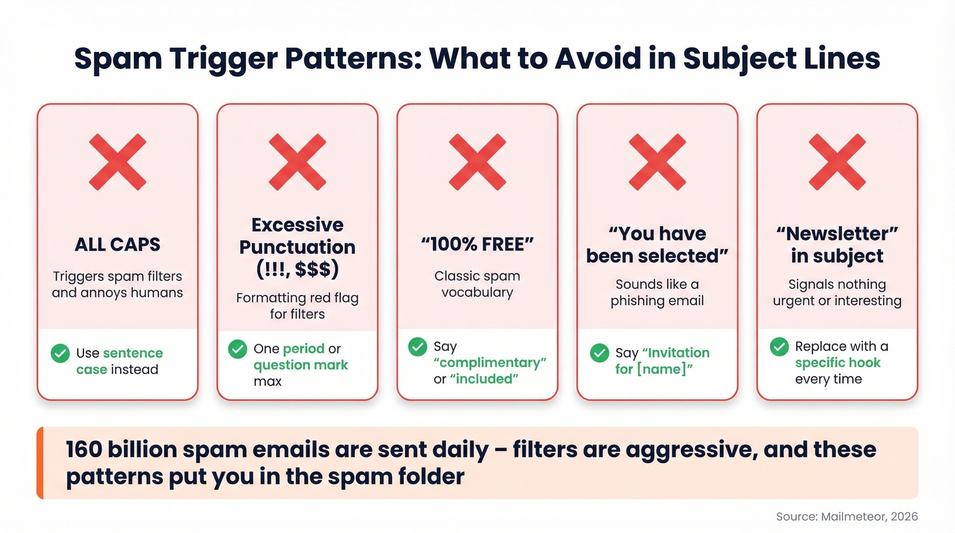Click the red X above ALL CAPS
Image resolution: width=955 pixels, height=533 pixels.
click(x=117, y=162)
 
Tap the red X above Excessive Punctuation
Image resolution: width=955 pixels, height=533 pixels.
click(x=297, y=162)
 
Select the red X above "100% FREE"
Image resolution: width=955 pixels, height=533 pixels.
click(x=477, y=162)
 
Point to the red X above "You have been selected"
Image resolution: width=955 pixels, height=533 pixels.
click(x=658, y=162)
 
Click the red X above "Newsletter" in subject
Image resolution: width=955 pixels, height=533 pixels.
click(x=838, y=162)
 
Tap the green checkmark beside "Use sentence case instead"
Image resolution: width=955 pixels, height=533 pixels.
click(x=60, y=353)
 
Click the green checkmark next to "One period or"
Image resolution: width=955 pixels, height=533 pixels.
click(x=237, y=349)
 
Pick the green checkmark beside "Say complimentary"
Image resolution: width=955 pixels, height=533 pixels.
click(x=417, y=347)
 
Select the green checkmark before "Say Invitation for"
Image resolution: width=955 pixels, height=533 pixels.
click(x=599, y=353)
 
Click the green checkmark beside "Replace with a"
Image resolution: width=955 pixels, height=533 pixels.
click(x=779, y=347)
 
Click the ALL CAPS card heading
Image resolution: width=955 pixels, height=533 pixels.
click(x=117, y=244)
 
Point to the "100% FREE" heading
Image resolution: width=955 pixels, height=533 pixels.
click(x=477, y=244)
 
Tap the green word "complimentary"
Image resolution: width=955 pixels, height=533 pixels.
click(x=490, y=362)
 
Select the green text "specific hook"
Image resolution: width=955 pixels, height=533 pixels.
click(x=838, y=362)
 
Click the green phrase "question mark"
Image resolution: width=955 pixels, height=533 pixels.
click(x=301, y=365)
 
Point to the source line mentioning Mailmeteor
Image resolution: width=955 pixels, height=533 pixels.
click(x=847, y=517)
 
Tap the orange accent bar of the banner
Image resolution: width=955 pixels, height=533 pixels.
click(x=40, y=463)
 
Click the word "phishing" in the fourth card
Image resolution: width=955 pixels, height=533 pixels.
click(x=638, y=300)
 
